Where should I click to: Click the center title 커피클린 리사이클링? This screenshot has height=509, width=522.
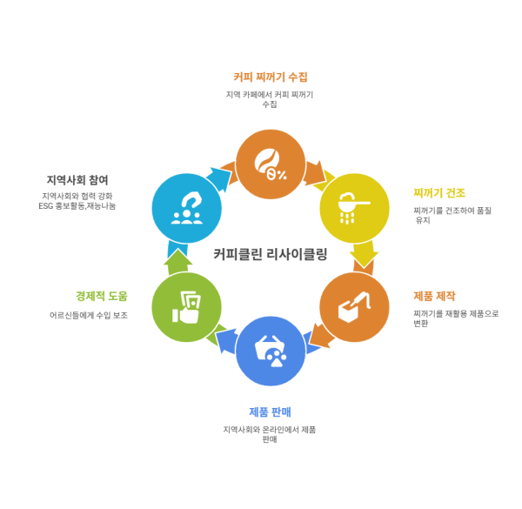(271, 254)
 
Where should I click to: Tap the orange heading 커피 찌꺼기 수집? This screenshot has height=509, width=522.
(271, 77)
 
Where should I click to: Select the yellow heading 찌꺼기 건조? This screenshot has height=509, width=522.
(439, 193)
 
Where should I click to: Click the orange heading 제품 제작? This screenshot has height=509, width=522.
(434, 296)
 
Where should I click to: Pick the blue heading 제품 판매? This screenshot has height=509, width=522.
(270, 412)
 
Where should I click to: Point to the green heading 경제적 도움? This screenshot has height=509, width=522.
(102, 296)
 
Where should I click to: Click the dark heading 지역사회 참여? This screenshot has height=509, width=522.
(77, 180)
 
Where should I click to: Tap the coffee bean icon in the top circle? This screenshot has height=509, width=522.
(270, 164)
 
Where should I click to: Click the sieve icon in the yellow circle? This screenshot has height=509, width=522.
(354, 208)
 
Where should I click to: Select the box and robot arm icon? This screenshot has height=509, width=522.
(355, 307)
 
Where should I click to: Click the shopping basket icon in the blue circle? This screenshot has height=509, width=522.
(271, 351)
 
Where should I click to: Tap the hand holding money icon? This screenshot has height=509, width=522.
(186, 307)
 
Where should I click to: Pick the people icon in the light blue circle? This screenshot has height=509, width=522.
(187, 208)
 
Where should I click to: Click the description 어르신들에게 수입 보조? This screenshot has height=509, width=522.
(89, 315)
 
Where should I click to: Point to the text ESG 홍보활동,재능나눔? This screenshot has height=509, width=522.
(77, 206)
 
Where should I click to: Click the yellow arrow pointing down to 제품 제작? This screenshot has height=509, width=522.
(364, 254)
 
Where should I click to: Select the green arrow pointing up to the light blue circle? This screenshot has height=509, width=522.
(178, 262)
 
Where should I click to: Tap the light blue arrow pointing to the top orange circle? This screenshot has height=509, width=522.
(219, 177)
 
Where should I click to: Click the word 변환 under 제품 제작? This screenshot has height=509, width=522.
(420, 324)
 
